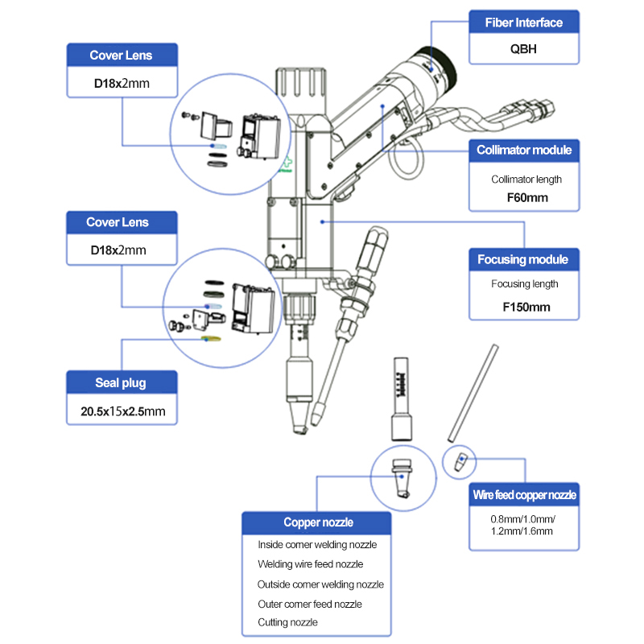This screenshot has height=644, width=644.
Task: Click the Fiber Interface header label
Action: coord(524,23)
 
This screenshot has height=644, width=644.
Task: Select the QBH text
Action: coord(524,49)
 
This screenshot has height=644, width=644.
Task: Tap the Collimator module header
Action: coord(524,151)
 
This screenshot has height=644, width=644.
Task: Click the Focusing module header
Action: coord(524,259)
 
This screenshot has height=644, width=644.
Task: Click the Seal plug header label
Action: coord(120,382)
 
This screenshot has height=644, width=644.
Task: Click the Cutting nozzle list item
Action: coord(288,622)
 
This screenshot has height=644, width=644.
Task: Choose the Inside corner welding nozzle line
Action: coord(317,545)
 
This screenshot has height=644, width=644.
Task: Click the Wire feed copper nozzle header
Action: coord(524,495)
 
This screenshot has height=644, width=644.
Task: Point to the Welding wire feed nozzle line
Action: coord(311,564)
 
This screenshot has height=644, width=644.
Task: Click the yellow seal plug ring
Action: coord(211,339)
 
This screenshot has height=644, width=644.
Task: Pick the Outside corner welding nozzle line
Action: coord(320,584)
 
